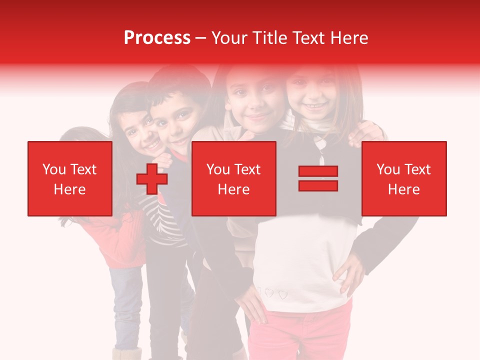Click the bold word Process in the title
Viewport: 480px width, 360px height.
[x=157, y=38]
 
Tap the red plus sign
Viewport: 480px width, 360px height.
[x=151, y=179]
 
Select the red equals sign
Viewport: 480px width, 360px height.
[x=318, y=178]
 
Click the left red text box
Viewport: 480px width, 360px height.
[x=70, y=178]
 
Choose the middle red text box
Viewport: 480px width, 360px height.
[x=233, y=178]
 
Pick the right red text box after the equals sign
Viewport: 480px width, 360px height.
[x=403, y=178]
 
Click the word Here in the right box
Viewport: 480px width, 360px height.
[x=403, y=189]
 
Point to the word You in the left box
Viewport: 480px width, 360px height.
[x=53, y=169]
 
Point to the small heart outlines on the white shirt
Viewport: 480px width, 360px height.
[x=275, y=293]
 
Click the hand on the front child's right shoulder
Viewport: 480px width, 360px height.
[x=367, y=133]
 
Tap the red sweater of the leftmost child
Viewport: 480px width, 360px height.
[x=117, y=240]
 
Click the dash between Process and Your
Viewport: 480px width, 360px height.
[x=201, y=38]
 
